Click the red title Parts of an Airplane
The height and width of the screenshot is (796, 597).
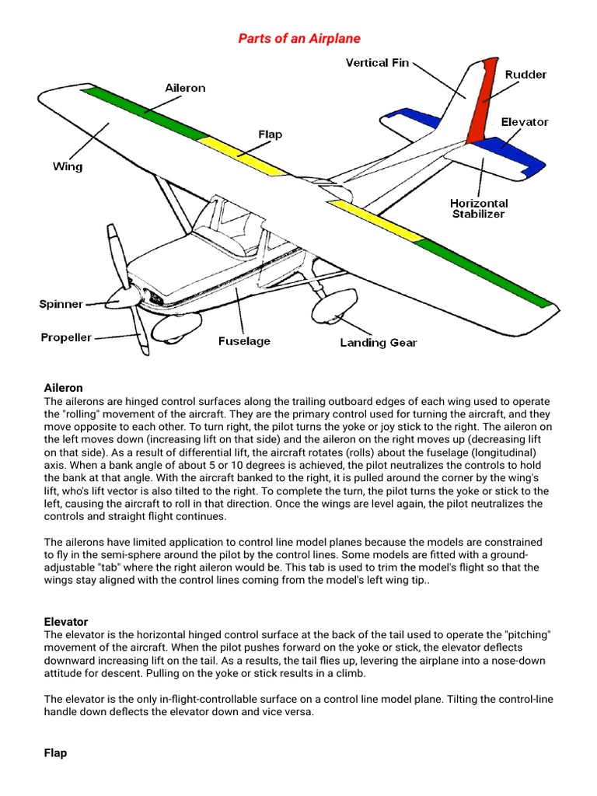coord(298,38)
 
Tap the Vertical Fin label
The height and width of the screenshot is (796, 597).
coord(377,63)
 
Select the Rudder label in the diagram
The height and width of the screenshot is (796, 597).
coord(525,75)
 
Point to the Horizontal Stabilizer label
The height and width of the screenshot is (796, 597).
coord(479,208)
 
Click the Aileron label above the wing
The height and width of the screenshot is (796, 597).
coord(185,88)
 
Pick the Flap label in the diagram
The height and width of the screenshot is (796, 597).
coord(270,134)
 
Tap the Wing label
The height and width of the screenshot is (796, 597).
coord(68,166)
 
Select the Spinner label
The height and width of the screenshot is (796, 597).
coord(61,304)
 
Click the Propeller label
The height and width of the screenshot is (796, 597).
coord(66,337)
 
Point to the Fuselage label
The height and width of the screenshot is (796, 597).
coord(244,340)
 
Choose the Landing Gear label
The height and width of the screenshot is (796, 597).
coord(379,342)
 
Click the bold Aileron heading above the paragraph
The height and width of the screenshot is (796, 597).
coord(64,387)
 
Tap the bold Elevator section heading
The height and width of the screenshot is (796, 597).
coord(66,622)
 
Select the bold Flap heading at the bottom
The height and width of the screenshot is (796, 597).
coord(55,753)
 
